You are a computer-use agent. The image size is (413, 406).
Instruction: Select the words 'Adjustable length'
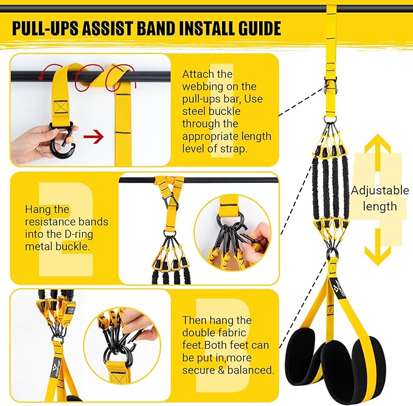[380, 198]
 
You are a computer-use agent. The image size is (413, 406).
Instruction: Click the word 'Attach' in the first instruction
[198, 74]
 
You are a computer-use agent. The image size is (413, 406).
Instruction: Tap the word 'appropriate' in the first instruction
[213, 136]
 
